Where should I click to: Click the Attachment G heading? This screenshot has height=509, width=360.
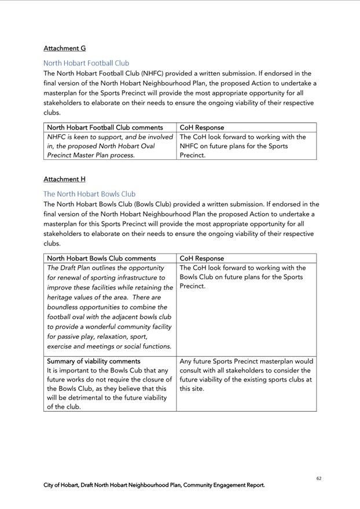(x=64, y=48)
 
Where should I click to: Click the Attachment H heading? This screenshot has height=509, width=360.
(x=64, y=179)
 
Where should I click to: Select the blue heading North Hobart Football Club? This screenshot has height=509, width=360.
(x=86, y=63)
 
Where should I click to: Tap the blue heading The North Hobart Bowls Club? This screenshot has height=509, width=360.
(x=89, y=194)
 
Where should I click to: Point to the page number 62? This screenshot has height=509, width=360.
(x=319, y=478)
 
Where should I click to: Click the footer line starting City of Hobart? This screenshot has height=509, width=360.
(x=154, y=485)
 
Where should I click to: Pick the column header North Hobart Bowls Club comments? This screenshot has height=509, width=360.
(x=101, y=258)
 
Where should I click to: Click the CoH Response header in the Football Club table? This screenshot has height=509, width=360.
(x=202, y=127)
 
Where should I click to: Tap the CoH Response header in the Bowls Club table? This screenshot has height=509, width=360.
(x=202, y=258)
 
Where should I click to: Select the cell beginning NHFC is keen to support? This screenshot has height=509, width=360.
(x=110, y=146)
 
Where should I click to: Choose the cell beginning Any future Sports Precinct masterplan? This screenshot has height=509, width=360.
(x=246, y=375)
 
